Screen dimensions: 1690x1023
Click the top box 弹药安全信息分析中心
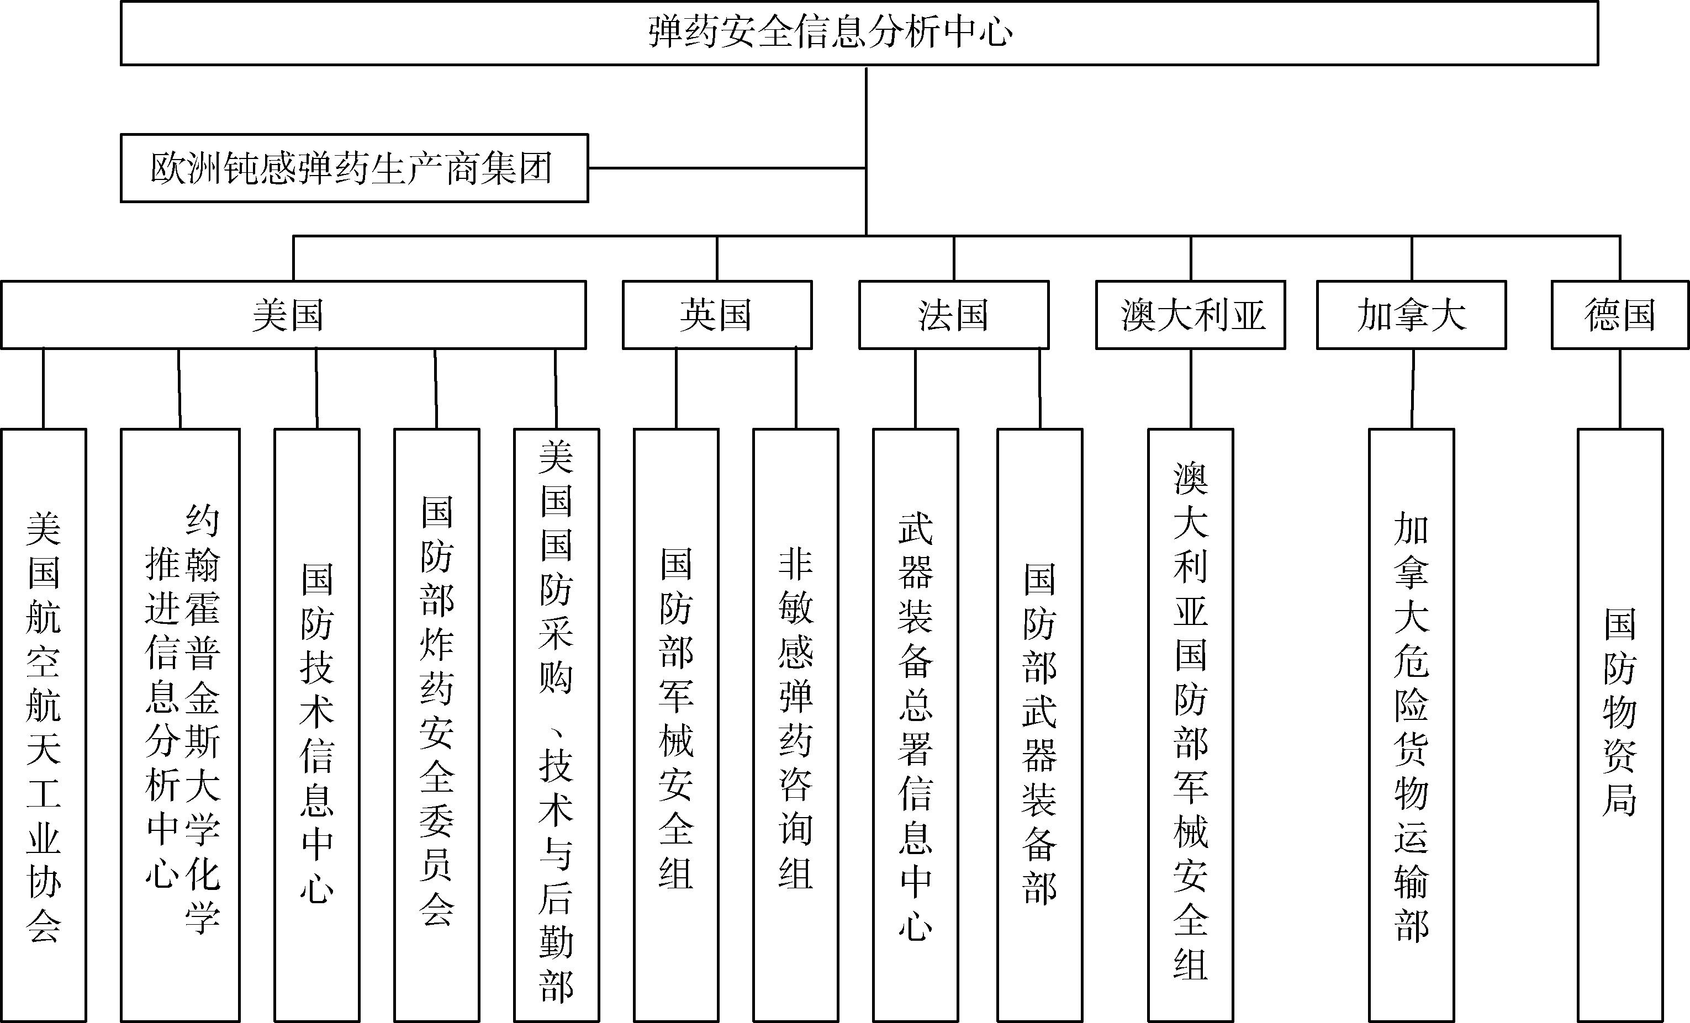(859, 33)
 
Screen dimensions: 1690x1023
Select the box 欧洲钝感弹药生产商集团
(354, 168)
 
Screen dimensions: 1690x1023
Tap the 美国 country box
(294, 315)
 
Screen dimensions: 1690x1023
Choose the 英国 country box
(717, 315)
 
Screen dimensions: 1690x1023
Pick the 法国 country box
(953, 315)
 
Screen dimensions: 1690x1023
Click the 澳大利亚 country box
(1190, 315)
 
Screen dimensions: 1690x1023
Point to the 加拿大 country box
(1411, 315)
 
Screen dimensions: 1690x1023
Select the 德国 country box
(1620, 315)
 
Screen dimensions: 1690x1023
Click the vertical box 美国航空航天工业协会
(43, 725)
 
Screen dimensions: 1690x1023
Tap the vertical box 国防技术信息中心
(317, 725)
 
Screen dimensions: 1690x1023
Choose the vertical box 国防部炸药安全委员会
(437, 725)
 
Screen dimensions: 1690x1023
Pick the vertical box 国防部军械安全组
(676, 725)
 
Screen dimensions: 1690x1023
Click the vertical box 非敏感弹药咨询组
(796, 725)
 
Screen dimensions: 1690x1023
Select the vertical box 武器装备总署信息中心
(916, 725)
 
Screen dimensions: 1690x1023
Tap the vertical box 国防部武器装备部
(1040, 725)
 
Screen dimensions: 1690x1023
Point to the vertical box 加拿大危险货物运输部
(1412, 725)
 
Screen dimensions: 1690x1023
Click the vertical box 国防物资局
(1620, 725)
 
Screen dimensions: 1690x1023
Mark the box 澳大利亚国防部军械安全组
(1191, 725)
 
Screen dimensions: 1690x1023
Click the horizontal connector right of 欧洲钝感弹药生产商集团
(727, 168)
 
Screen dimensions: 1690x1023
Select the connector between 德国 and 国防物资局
(1620, 389)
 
